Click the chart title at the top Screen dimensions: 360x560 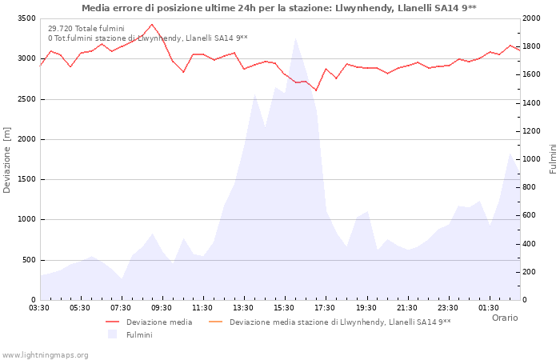pyautogui.click(x=279, y=8)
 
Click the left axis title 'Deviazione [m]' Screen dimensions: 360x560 pyautogui.click(x=8, y=160)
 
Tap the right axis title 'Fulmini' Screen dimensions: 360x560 pyautogui.click(x=552, y=159)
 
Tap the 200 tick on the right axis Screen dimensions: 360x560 pyautogui.click(x=530, y=272)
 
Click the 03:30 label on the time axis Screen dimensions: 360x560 pyautogui.click(x=39, y=307)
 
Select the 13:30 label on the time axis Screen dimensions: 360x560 pyautogui.click(x=243, y=307)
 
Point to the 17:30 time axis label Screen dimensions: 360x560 pyautogui.click(x=325, y=307)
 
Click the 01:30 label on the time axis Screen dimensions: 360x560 pyautogui.click(x=489, y=307)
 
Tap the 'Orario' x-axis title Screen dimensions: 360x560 pyautogui.click(x=504, y=318)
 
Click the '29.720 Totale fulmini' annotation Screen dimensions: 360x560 pyautogui.click(x=86, y=28)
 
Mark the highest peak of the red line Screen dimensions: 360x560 pyautogui.click(x=152, y=24)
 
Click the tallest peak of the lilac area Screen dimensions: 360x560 pyautogui.click(x=295, y=38)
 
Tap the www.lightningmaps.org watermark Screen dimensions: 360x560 pyautogui.click(x=45, y=354)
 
